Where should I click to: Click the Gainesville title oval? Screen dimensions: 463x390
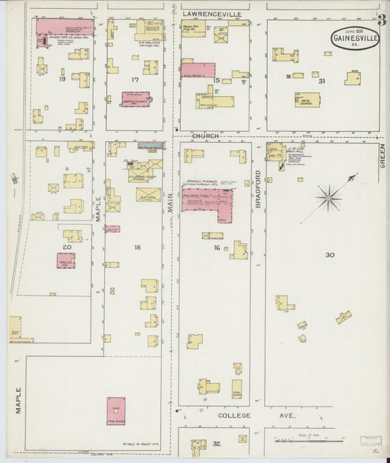355,38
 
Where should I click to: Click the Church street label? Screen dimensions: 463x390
206,136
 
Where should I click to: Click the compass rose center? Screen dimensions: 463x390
329,196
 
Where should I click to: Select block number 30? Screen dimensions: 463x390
330,255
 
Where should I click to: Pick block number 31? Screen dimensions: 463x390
321,81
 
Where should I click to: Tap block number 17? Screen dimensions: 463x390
135,79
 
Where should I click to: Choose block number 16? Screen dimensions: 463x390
217,248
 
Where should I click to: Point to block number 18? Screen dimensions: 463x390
137,248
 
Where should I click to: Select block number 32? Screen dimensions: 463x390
217,445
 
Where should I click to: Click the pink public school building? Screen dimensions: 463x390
116,411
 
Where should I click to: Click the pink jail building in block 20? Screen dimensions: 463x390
66,260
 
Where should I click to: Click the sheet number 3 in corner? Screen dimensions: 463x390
382,20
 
